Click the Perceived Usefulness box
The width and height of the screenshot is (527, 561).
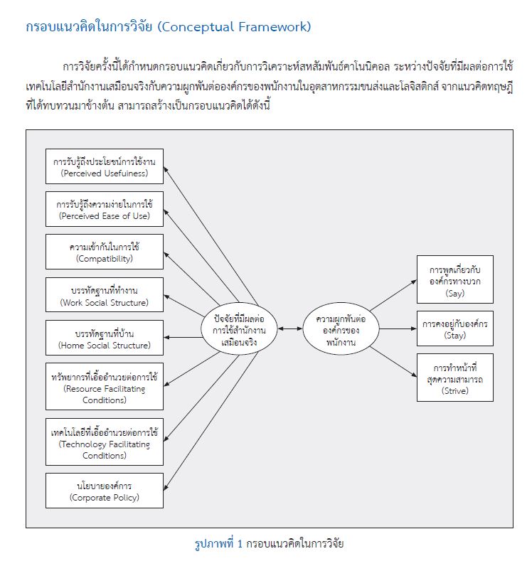click(x=105, y=166)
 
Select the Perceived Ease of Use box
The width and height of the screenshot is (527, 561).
click(x=105, y=209)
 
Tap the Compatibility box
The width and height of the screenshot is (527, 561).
click(x=105, y=252)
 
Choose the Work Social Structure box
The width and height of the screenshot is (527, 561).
click(x=105, y=295)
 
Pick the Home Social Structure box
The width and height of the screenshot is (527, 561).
click(x=105, y=338)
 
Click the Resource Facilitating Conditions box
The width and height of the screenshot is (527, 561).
click(x=105, y=386)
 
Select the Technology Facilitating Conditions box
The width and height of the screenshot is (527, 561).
click(x=105, y=442)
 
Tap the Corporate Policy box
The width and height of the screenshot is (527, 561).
click(x=105, y=491)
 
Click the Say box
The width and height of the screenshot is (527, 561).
click(x=455, y=279)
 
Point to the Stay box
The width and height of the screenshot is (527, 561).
click(x=455, y=328)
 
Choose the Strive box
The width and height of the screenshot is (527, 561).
click(x=455, y=378)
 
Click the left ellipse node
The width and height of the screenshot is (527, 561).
click(x=239, y=329)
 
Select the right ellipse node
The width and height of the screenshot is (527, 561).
click(x=341, y=329)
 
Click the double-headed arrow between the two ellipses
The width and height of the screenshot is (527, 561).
click(x=290, y=328)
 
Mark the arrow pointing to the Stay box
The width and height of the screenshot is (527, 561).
click(x=398, y=328)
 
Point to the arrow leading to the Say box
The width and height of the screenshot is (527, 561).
click(x=393, y=295)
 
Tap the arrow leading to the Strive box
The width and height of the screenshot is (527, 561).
click(x=393, y=361)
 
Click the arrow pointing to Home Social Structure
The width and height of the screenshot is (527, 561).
click(x=183, y=338)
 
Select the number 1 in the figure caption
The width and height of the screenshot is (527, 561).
click(x=240, y=544)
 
